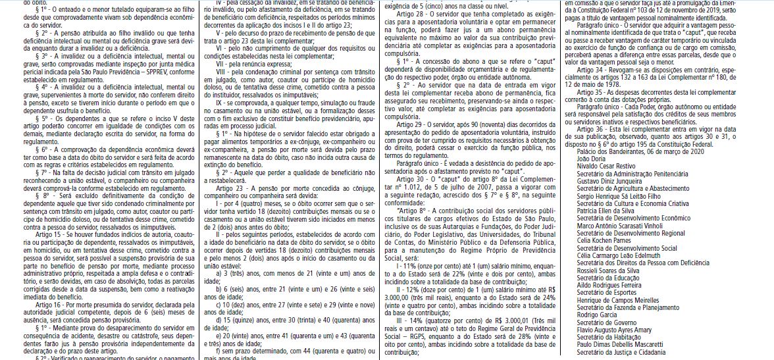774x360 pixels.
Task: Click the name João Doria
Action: tap(590, 159)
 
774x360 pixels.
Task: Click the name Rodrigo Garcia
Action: tap(596, 315)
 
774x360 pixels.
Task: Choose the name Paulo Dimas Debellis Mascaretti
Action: tap(619, 344)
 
